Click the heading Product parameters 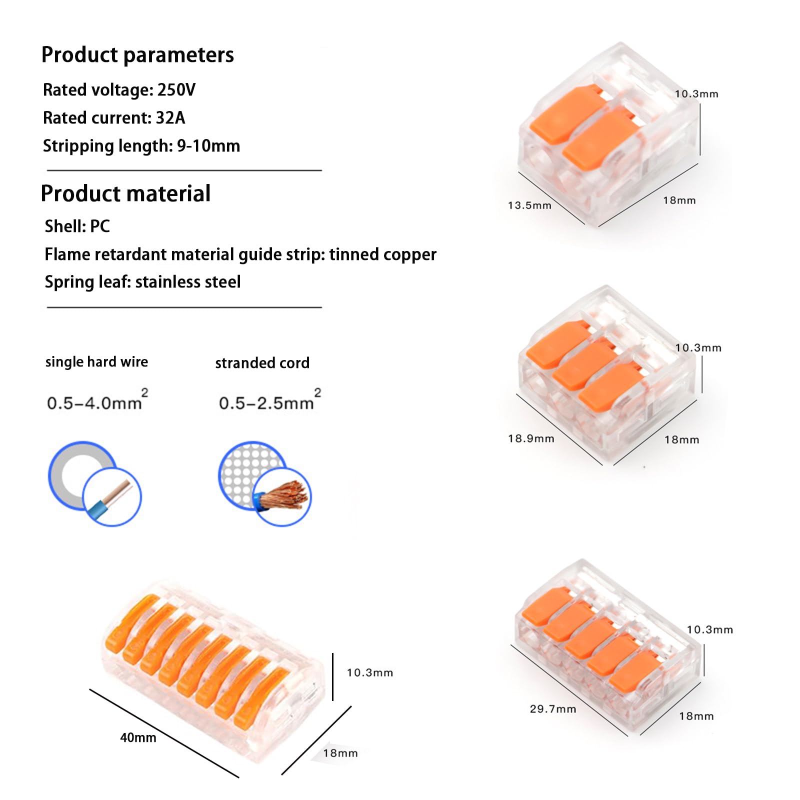click(137, 54)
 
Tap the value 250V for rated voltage click(176, 90)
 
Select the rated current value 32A click(170, 118)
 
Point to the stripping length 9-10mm click(208, 146)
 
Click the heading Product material click(125, 193)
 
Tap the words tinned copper click(382, 254)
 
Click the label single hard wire click(96, 362)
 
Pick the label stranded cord click(262, 363)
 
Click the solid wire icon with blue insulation click(112, 497)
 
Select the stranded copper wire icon click(281, 497)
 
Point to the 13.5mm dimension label click(529, 205)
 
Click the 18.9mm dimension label click(531, 439)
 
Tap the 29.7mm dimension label click(553, 709)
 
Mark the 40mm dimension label click(138, 737)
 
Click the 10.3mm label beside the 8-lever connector click(370, 673)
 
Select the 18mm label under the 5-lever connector click(696, 716)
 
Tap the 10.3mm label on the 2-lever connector click(696, 94)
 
